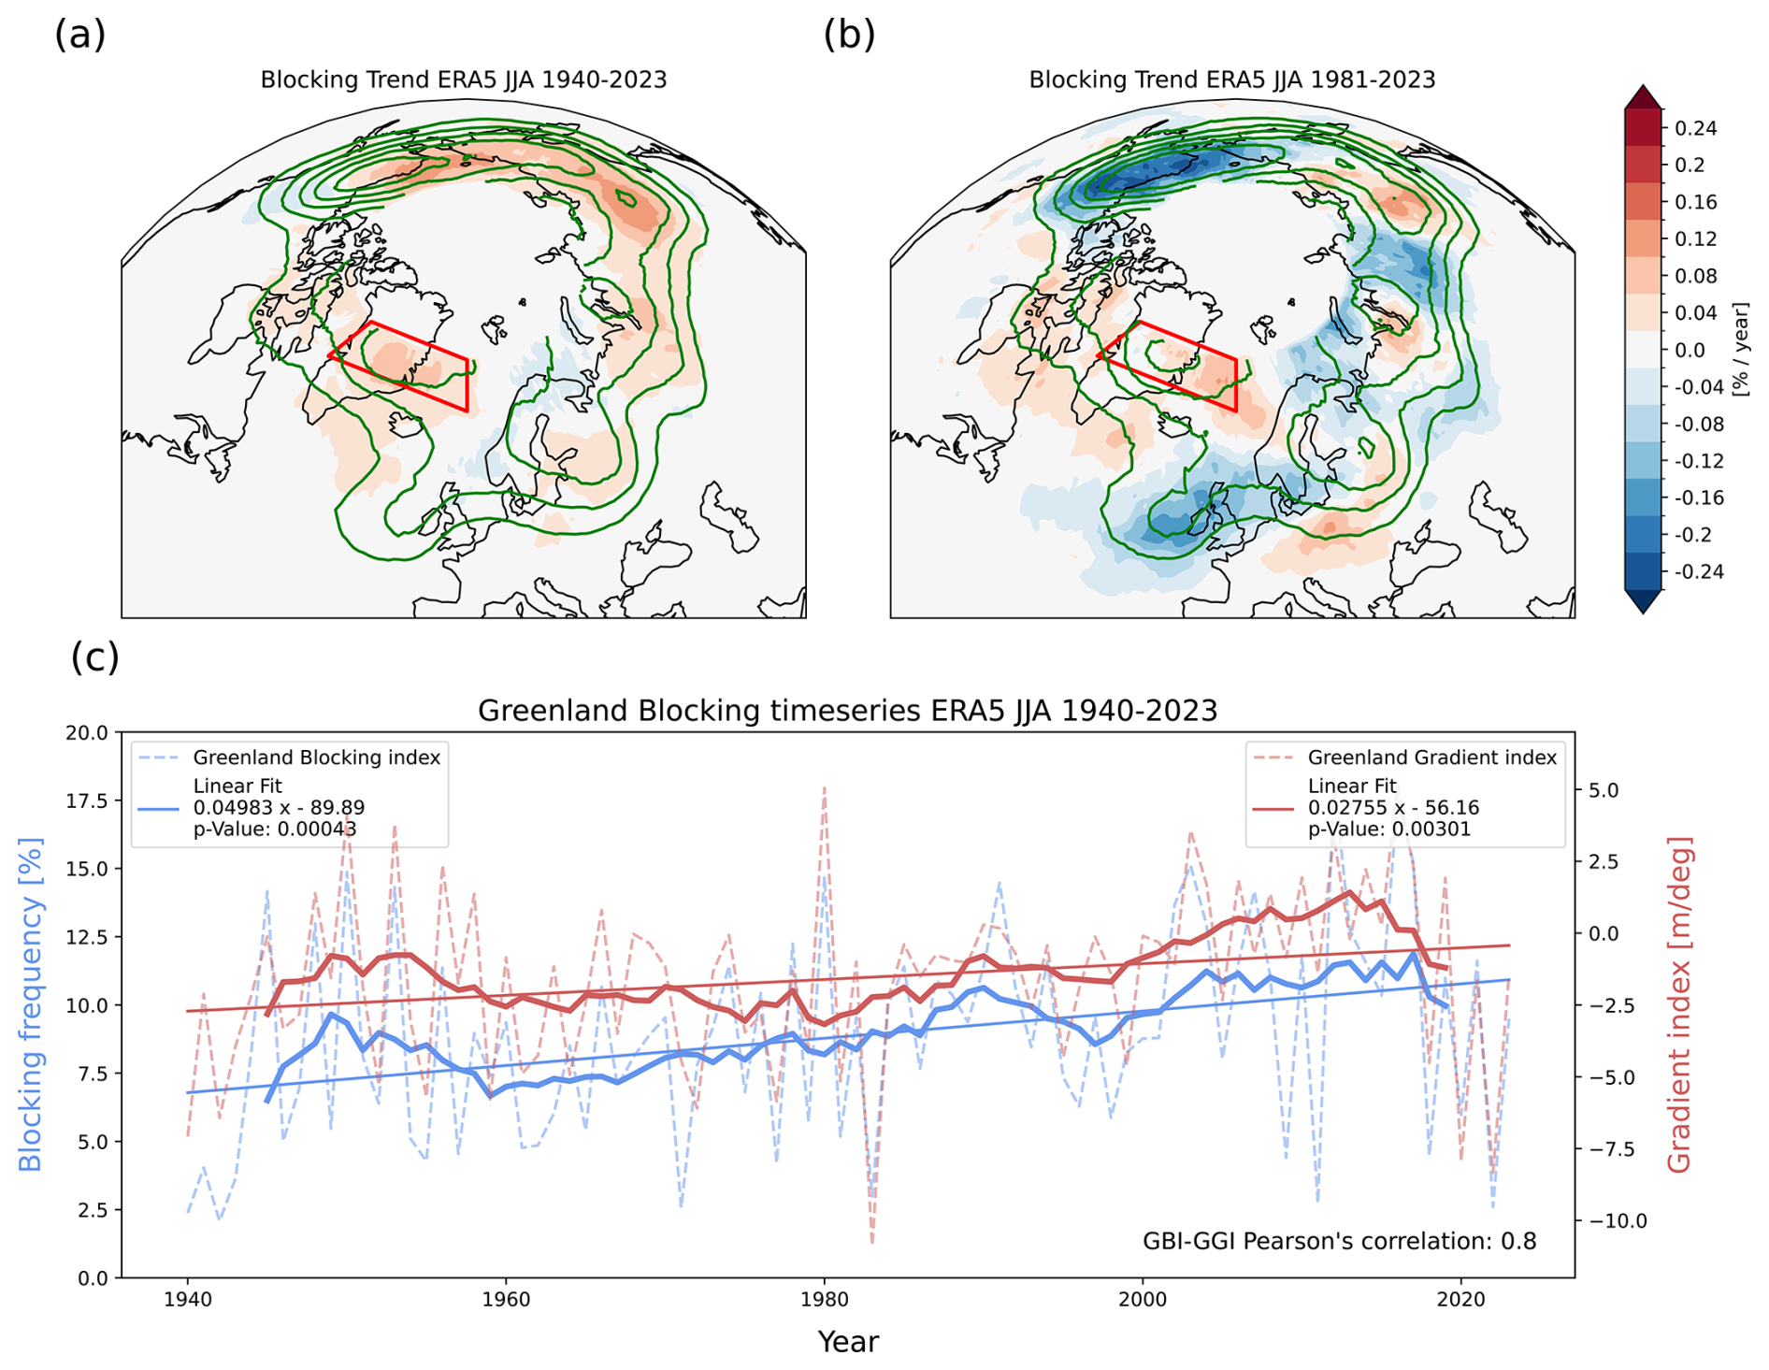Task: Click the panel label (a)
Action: (x=80, y=36)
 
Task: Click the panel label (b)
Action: (x=849, y=36)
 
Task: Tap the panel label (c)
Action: (x=95, y=657)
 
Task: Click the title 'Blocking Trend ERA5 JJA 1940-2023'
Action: (x=463, y=80)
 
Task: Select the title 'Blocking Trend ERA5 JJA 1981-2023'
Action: (x=1231, y=80)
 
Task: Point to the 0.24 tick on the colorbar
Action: (x=1695, y=128)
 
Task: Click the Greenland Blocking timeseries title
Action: (x=847, y=712)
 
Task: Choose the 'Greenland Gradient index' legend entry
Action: (x=1431, y=757)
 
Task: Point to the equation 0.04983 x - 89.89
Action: (x=279, y=808)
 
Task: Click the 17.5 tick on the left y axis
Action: (x=87, y=801)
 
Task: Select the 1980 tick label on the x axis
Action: (x=824, y=1300)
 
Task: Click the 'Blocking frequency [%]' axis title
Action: (x=31, y=1005)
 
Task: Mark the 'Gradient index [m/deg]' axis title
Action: (x=1679, y=1005)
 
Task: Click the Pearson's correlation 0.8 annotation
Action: (x=1339, y=1242)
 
